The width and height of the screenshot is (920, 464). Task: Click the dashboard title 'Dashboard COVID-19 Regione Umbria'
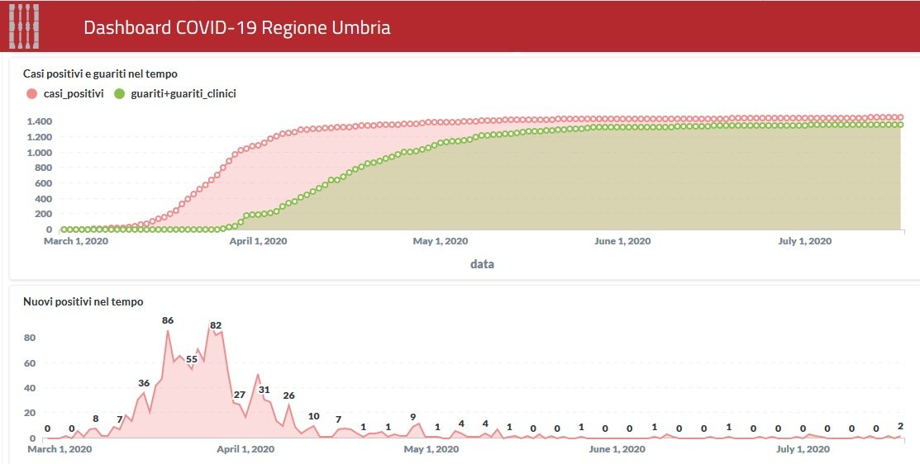(236, 27)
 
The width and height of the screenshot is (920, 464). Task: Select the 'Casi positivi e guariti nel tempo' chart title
(100, 73)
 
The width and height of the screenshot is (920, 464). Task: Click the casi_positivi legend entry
(66, 93)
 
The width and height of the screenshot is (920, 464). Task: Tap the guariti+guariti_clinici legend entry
(176, 93)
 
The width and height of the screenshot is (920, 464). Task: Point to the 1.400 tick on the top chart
(40, 121)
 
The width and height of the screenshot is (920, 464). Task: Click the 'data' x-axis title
(482, 264)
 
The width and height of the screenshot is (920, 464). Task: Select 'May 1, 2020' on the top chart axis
(440, 241)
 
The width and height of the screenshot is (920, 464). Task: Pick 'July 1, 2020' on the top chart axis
(803, 241)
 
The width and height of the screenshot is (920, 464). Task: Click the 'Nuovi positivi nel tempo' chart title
(83, 301)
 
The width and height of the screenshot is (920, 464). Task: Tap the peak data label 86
(168, 320)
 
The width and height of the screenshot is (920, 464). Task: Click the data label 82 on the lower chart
(216, 325)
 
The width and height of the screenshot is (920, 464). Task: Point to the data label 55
(192, 359)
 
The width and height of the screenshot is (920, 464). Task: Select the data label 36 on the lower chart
(144, 383)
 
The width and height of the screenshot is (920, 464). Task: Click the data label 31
(264, 390)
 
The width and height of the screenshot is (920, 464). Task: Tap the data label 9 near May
(412, 416)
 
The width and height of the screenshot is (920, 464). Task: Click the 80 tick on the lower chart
(29, 338)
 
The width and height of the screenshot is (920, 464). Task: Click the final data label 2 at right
(900, 426)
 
